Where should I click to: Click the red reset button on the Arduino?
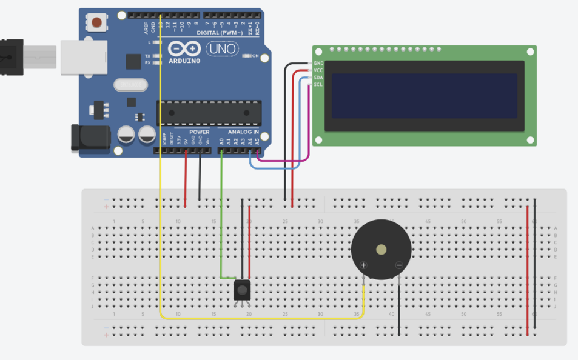click(x=96, y=24)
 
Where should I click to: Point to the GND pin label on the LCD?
click(x=318, y=63)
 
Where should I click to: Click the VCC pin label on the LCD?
click(x=318, y=70)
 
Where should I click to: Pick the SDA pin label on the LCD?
click(x=318, y=78)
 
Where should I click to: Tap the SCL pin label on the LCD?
click(x=318, y=85)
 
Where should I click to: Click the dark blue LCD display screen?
click(x=425, y=96)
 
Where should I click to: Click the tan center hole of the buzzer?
click(x=381, y=249)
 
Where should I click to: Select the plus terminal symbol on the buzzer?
click(x=364, y=265)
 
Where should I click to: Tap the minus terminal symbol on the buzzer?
click(x=398, y=265)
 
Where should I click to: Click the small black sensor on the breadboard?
click(x=241, y=290)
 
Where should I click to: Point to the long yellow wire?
click(x=160, y=182)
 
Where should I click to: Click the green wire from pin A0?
click(x=221, y=212)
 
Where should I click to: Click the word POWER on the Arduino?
click(x=199, y=132)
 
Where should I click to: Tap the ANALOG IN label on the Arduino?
click(x=243, y=132)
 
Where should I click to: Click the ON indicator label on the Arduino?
click(x=255, y=56)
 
